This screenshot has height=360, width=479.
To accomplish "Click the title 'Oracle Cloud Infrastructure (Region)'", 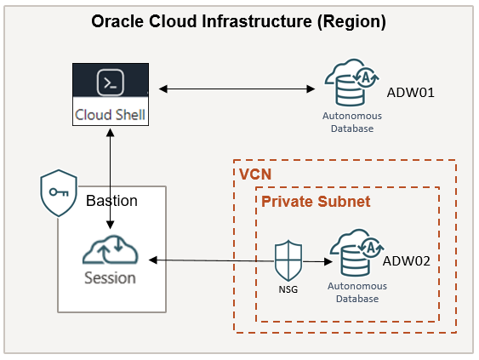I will (x=239, y=22).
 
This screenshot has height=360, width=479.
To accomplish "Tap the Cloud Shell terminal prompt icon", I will (x=110, y=83).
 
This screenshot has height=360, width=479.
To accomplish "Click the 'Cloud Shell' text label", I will (x=110, y=114).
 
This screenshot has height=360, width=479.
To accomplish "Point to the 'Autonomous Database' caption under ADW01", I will (x=352, y=122).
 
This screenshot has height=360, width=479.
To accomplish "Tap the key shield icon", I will (x=60, y=195).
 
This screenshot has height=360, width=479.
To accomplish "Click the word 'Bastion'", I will (x=111, y=201).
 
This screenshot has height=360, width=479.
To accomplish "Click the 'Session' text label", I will (x=110, y=278).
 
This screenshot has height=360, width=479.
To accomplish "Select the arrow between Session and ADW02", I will (x=238, y=260).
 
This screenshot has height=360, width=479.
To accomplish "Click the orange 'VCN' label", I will (x=254, y=174).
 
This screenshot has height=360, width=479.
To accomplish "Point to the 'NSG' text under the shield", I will (x=287, y=288).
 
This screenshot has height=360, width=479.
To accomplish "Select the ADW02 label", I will (x=407, y=260).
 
